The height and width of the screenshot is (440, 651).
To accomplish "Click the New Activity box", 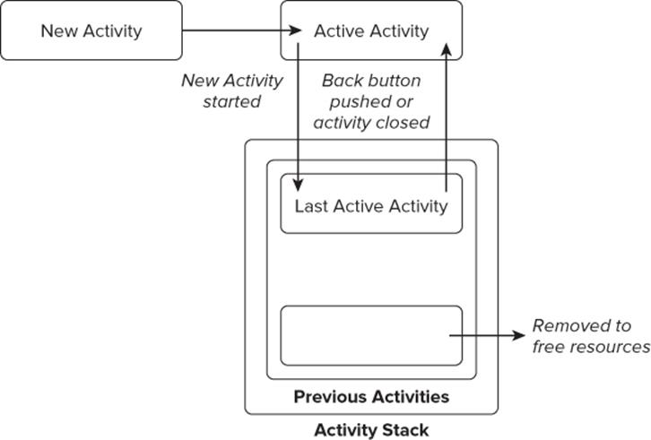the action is click(91, 30).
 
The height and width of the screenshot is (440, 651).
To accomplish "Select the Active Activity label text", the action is click(371, 31).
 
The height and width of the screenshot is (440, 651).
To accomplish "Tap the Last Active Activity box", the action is click(371, 203).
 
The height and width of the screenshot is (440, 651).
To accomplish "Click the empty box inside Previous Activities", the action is click(371, 335).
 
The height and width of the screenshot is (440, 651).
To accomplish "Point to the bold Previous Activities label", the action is click(371, 396).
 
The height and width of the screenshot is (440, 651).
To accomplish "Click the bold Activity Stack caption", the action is click(371, 429).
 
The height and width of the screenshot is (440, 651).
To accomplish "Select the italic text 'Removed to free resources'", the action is click(591, 336).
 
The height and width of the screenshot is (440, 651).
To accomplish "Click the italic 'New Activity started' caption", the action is click(232, 91).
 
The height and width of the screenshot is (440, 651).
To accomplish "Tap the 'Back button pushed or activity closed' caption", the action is click(371, 101).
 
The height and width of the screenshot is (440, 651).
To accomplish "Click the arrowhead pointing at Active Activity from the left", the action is click(296, 30).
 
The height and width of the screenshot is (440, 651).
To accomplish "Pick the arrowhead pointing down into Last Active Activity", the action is click(298, 185).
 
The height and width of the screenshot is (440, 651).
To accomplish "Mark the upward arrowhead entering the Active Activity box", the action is click(447, 49).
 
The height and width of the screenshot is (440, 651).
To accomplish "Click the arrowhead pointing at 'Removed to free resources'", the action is click(519, 335).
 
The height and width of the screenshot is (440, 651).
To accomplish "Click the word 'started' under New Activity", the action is click(232, 101).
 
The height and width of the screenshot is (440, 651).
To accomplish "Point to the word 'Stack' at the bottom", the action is click(405, 429).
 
